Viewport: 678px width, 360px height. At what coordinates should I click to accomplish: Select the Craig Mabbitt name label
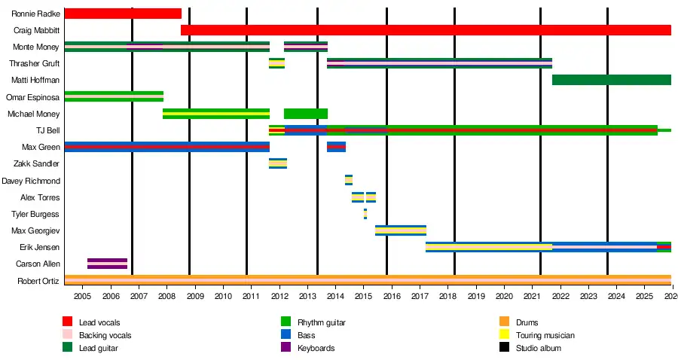click(x=36, y=30)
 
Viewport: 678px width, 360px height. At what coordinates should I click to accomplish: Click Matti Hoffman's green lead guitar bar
click(x=611, y=80)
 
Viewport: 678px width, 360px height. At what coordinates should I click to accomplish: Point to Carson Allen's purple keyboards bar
click(x=107, y=264)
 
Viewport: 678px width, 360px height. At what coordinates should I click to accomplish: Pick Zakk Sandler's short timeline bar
click(x=277, y=163)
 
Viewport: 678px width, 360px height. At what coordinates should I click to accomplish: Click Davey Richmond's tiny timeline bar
click(x=349, y=180)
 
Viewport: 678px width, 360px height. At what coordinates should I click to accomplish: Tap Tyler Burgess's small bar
click(x=365, y=214)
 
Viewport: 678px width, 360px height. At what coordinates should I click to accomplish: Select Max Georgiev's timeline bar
click(x=400, y=230)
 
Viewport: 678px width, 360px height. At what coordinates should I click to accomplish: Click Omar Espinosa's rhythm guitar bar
click(x=114, y=96)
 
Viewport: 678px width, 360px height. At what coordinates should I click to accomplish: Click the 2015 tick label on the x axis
click(x=363, y=296)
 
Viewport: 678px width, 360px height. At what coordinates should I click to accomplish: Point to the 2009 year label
click(x=195, y=296)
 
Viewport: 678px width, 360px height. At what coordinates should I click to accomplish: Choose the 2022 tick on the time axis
click(x=560, y=296)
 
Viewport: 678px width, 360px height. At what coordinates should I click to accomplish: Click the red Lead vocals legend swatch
click(x=67, y=322)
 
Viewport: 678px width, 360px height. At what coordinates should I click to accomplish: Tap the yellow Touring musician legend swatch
click(x=504, y=335)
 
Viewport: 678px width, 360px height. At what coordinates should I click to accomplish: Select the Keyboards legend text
click(x=316, y=348)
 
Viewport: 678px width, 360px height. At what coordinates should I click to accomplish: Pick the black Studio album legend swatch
click(x=504, y=348)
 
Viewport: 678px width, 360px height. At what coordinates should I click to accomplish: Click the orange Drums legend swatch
click(x=504, y=322)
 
